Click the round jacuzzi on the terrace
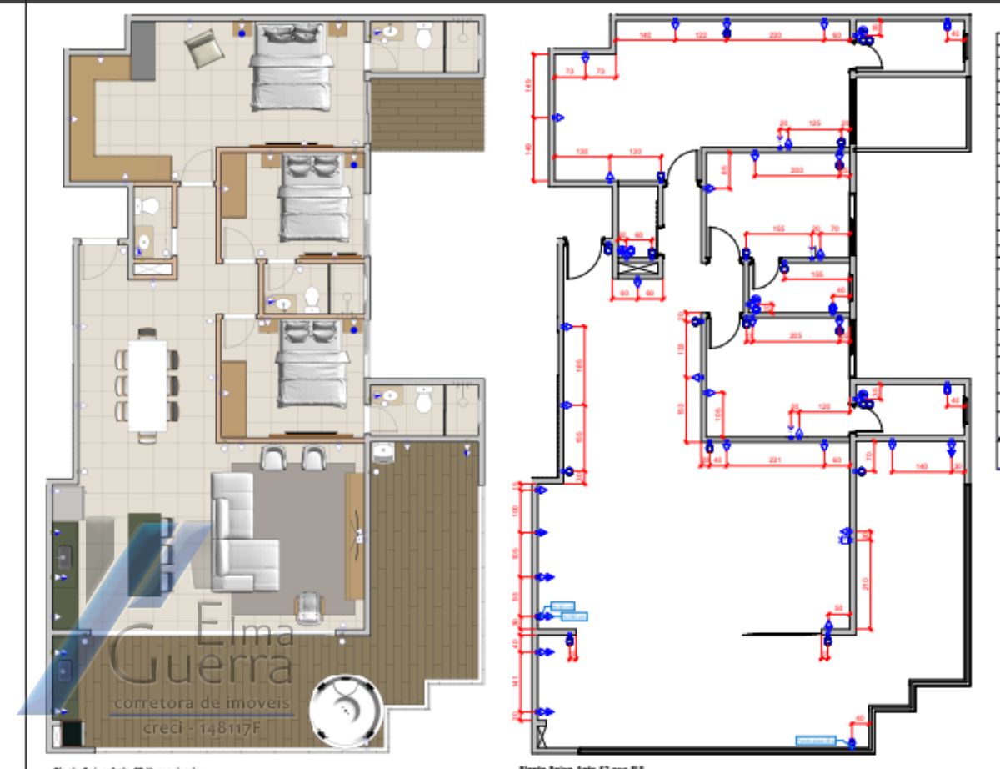(344, 710)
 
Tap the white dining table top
(147, 384)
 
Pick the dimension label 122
(701, 35)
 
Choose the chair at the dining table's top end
(147, 334)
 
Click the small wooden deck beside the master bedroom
(427, 115)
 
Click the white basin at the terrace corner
(382, 451)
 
